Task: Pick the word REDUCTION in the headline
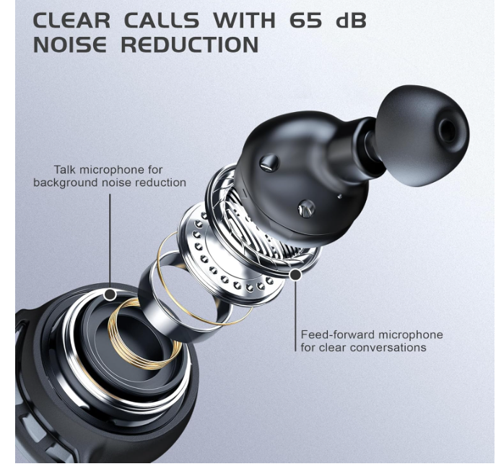pos(189,45)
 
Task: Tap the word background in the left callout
pos(66,183)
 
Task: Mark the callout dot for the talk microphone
pos(110,294)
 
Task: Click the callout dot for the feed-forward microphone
pos(295,275)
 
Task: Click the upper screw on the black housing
pos(270,162)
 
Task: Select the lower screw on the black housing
pos(306,209)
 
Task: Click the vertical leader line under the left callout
pos(110,238)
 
